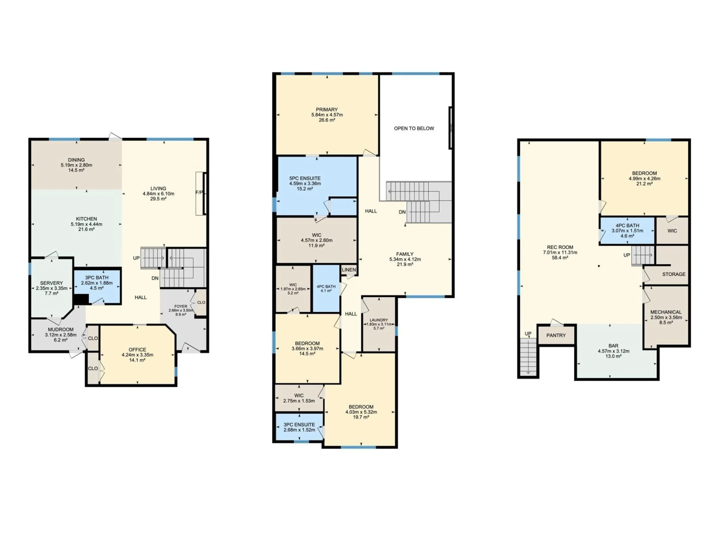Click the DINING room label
76,160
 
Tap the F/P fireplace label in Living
199,192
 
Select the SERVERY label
51,283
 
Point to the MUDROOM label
61,329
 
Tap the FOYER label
181,306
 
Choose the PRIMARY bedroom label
327,110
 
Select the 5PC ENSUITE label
305,178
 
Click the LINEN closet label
349,270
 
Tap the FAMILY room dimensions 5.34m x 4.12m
405,259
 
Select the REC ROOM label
560,247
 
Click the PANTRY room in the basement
556,335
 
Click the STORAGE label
674,274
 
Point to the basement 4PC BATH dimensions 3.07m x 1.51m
627,231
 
